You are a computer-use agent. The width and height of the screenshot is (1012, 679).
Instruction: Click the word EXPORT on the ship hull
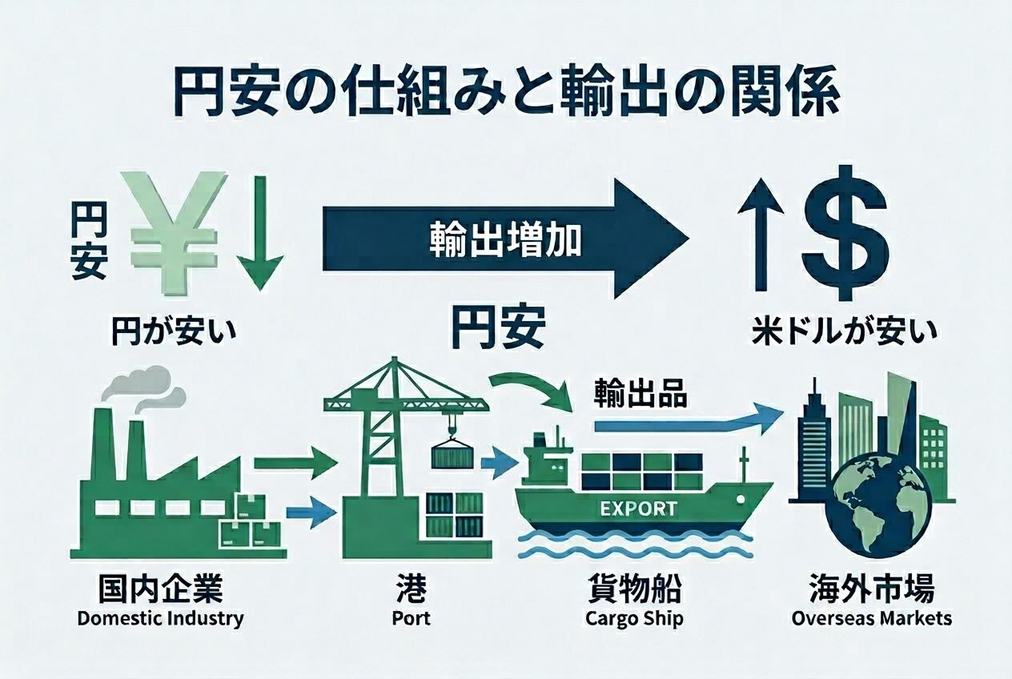point(637,508)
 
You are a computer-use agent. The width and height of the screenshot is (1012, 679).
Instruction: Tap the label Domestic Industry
point(160,618)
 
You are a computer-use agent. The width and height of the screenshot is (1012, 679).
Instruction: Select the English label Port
point(411,618)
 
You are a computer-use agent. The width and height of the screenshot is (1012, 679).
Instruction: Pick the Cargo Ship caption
point(634,618)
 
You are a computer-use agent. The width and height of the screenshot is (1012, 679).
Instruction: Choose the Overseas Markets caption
point(872,618)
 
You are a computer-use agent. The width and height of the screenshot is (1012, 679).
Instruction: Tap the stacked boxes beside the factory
point(256,524)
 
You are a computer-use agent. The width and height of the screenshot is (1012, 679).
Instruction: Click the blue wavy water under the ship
point(637,548)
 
